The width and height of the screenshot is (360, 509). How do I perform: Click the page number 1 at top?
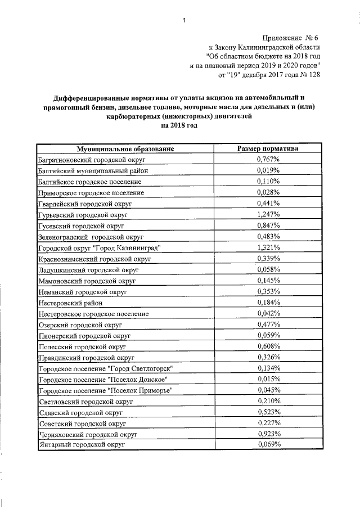coord(183,21)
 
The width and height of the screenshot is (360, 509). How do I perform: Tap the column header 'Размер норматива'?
coord(268,149)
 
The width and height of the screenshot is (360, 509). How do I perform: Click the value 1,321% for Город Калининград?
coord(268,247)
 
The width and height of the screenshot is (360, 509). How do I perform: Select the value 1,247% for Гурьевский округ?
coord(268,214)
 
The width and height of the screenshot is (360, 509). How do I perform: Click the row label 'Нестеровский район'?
coord(66,303)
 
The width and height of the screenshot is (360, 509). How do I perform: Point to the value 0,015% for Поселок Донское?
coord(268,379)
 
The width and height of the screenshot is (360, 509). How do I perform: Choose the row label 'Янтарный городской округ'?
coord(82,445)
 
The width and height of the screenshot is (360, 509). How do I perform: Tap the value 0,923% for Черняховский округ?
coord(268,434)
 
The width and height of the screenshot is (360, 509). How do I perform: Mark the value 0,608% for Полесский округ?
coord(268,346)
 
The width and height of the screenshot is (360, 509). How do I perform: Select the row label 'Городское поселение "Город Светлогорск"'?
coord(105,368)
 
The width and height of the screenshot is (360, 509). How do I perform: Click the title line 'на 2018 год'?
coord(179,126)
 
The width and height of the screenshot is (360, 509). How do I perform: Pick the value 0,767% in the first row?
coord(268,160)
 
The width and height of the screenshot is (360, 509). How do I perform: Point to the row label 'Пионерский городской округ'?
coord(84,335)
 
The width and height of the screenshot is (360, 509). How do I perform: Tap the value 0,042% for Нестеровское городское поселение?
coord(268,313)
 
